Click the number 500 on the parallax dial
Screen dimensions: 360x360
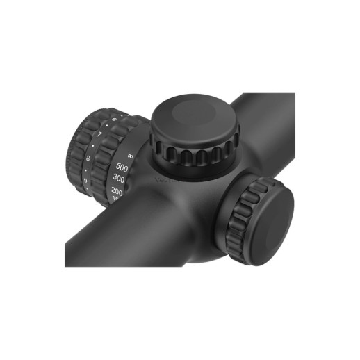click(x=122, y=167)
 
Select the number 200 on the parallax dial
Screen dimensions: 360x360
click(x=117, y=192)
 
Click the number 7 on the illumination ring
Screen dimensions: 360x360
click(x=100, y=134)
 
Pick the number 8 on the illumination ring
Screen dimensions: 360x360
click(x=88, y=158)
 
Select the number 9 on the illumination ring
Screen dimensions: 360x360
click(x=84, y=181)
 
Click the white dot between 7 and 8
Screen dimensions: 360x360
click(x=93, y=146)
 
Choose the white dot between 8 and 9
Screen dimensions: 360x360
click(x=85, y=170)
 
